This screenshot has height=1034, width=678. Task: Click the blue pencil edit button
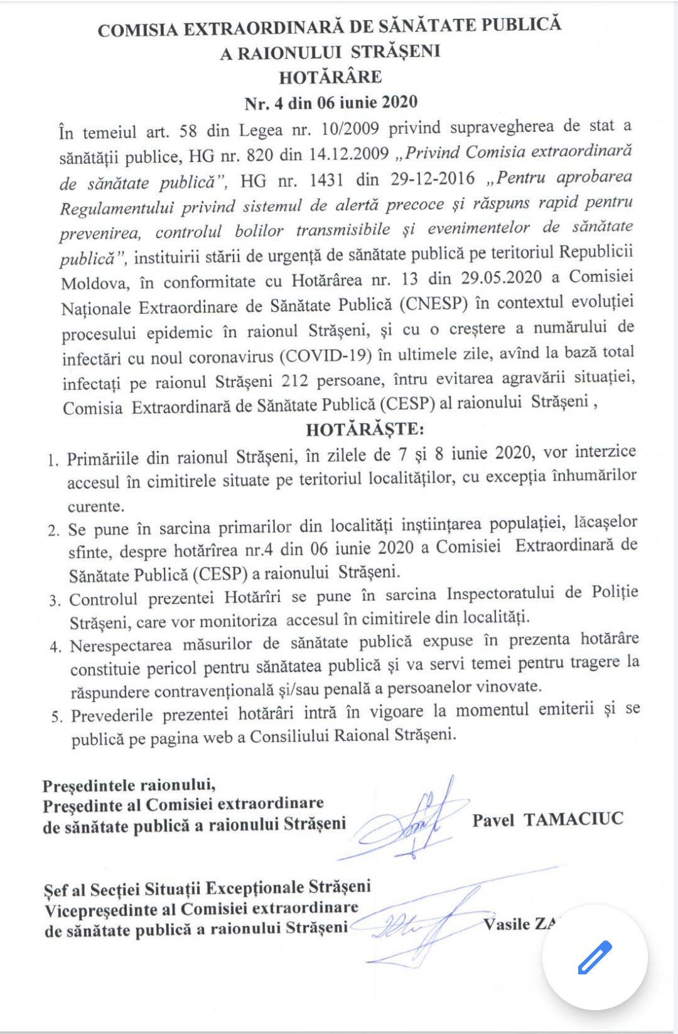click(x=594, y=957)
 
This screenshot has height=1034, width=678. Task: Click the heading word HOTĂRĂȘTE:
click(x=365, y=429)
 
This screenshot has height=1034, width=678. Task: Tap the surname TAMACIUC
click(x=573, y=819)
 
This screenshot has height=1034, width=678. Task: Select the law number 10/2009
click(x=350, y=129)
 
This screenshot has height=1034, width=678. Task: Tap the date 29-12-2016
click(x=433, y=179)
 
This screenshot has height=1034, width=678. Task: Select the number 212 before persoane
click(x=294, y=381)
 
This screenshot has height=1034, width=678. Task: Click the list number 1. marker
click(x=53, y=460)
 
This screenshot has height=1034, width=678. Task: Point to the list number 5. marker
click(x=57, y=717)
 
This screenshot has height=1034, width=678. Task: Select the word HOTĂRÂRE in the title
click(x=330, y=77)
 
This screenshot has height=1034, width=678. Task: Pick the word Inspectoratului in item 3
click(x=500, y=594)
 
